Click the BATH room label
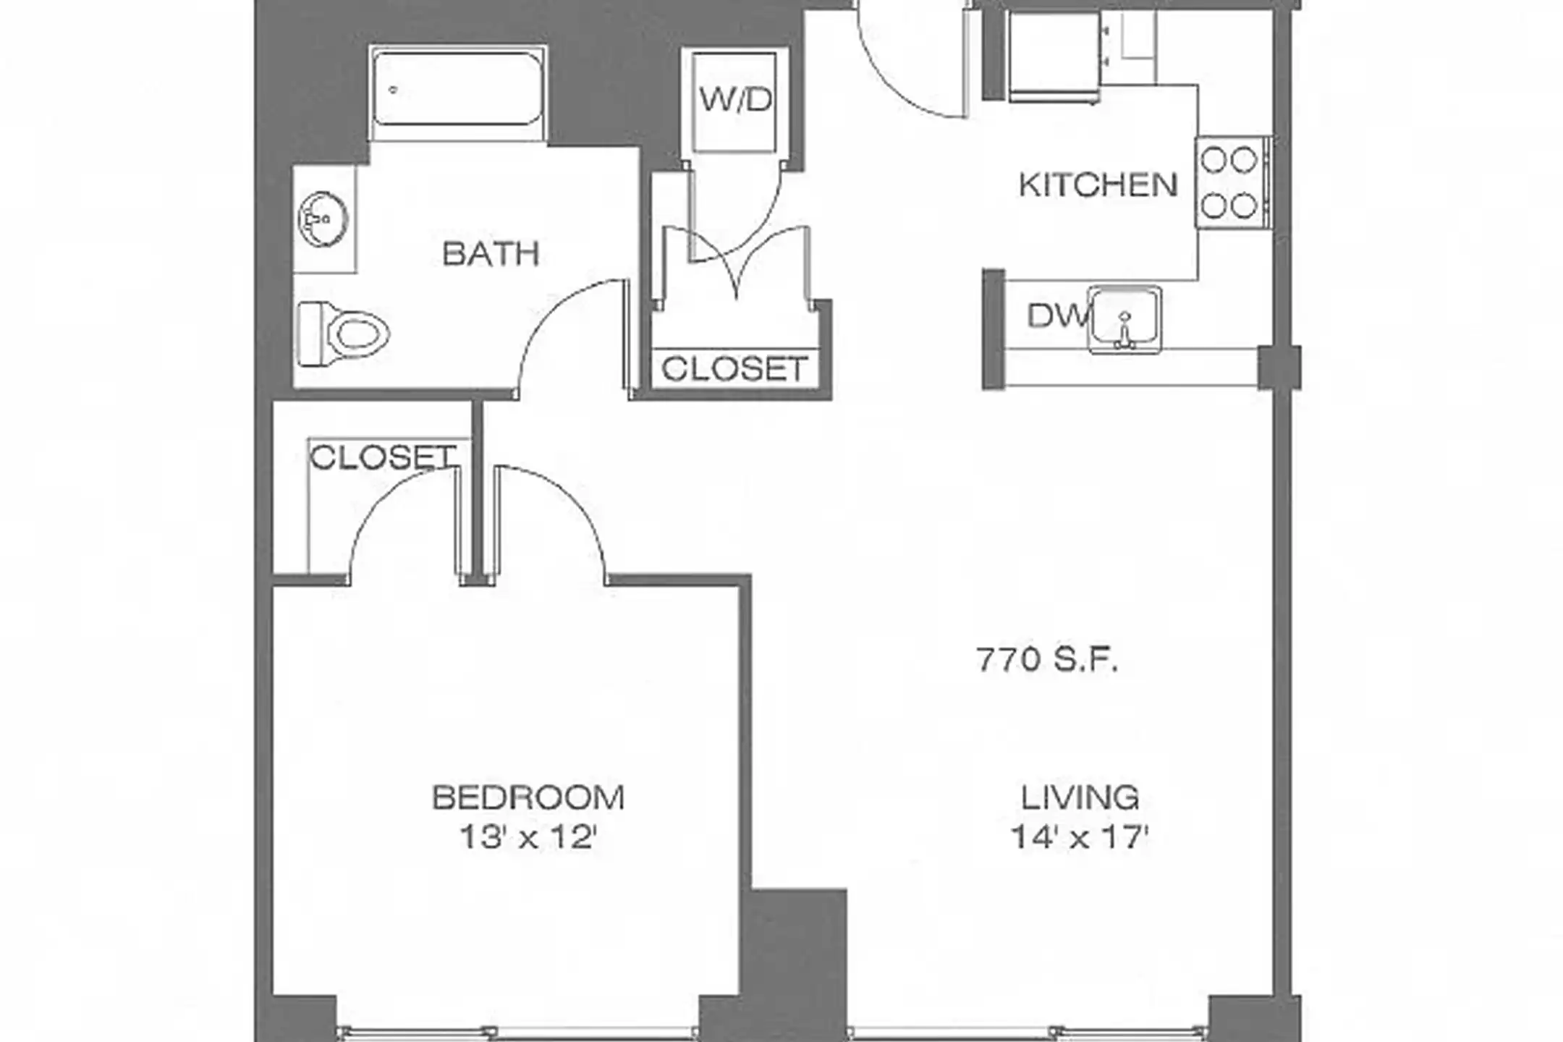tap(491, 254)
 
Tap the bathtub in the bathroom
tap(457, 93)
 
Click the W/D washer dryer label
tap(735, 99)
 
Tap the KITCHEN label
tap(1098, 185)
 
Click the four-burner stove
tap(1229, 182)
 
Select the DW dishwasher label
tap(1057, 315)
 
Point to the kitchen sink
tap(1124, 319)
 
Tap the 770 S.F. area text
tap(1047, 660)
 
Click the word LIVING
tap(1080, 797)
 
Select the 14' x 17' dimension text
tap(1080, 838)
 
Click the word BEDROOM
tap(528, 797)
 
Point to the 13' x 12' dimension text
tap(528, 838)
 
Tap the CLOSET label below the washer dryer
tap(734, 369)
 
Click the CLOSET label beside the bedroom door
tap(382, 457)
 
